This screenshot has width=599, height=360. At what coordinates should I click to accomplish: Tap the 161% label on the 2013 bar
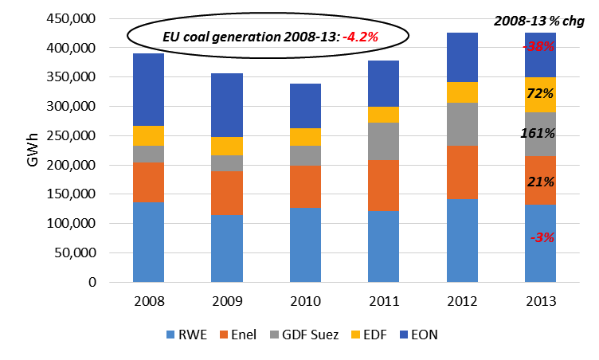tap(539, 135)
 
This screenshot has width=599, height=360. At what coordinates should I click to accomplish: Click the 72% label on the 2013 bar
tap(539, 94)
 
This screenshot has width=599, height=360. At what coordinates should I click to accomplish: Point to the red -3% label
tap(539, 237)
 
